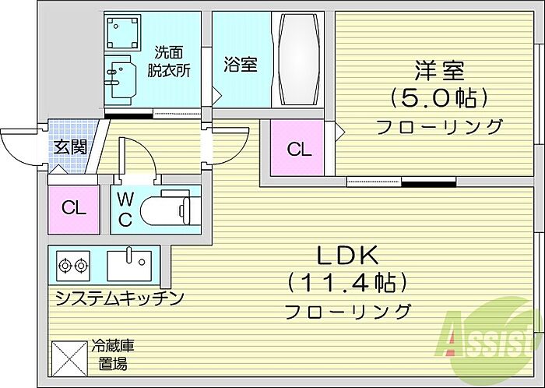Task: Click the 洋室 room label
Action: point(439,71)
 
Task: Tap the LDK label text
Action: point(346,255)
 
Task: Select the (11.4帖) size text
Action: point(347,282)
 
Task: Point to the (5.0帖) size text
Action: point(439,99)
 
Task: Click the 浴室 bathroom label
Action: point(241,65)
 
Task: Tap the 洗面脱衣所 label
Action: point(170,62)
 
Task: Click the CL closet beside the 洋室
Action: point(299,149)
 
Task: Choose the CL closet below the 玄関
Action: point(73,208)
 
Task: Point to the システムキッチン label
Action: point(118,298)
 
